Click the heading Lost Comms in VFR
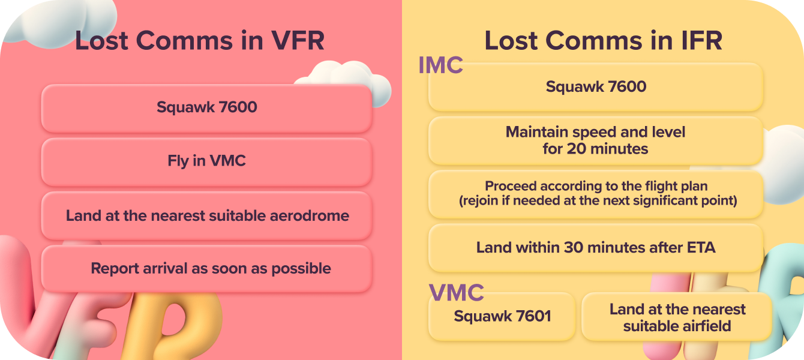pos(200,41)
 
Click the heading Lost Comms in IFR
pos(603,41)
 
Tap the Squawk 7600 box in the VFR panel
pos(206,108)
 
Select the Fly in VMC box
pos(206,161)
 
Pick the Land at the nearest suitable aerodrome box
pos(206,215)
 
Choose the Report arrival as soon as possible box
pos(206,268)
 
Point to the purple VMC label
pos(457,293)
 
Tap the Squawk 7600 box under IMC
pos(596,87)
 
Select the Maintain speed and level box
pos(596,140)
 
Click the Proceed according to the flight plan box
pos(596,194)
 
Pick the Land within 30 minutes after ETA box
pos(596,247)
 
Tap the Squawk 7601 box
pos(502,316)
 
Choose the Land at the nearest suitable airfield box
pos(677,317)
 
